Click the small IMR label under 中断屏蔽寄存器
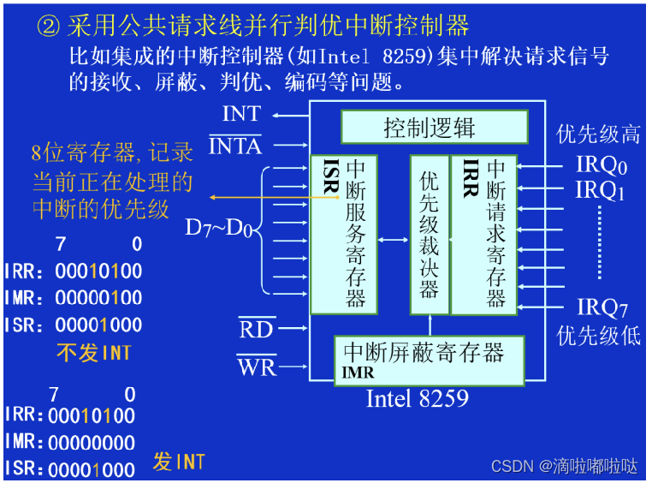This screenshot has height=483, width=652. [358, 373]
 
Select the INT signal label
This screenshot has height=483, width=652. [241, 114]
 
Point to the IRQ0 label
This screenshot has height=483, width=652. [602, 164]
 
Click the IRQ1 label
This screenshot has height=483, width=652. [601, 190]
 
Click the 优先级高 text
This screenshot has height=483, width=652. [598, 134]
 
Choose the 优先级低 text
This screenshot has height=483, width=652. [598, 335]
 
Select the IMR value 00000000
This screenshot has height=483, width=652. [92, 443]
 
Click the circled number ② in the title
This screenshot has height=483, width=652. [46, 26]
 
